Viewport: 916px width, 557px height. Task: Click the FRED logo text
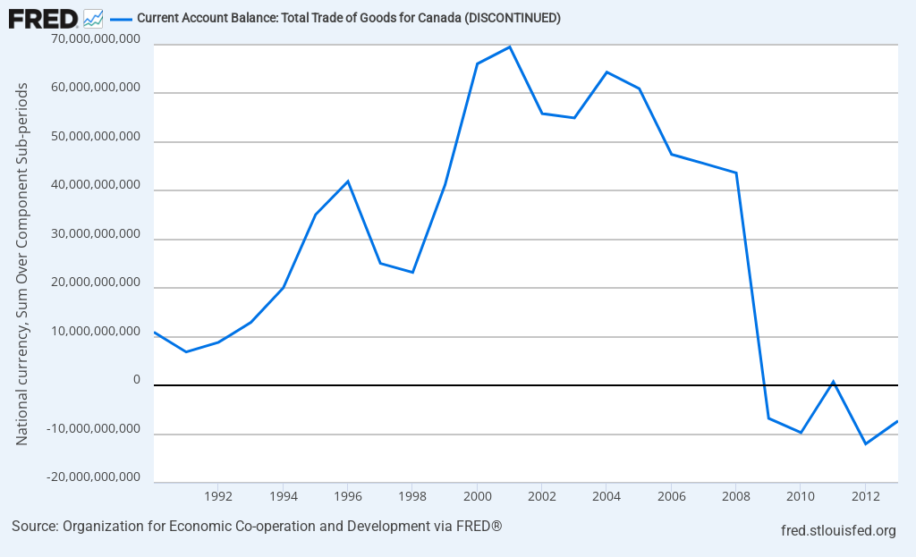pyautogui.click(x=43, y=18)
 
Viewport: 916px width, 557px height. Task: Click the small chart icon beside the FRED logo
pyautogui.click(x=93, y=18)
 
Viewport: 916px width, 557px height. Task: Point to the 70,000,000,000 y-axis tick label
pyautogui.click(x=97, y=39)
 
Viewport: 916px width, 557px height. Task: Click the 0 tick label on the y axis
pyautogui.click(x=136, y=380)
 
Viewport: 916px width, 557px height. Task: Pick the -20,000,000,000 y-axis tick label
pyautogui.click(x=95, y=477)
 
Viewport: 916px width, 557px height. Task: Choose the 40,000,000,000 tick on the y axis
pyautogui.click(x=97, y=185)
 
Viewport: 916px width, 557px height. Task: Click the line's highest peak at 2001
pyautogui.click(x=510, y=46)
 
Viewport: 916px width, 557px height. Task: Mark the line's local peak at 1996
pyautogui.click(x=348, y=181)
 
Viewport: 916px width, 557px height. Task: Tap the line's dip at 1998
pyautogui.click(x=412, y=272)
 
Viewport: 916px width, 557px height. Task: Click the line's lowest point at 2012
pyautogui.click(x=865, y=443)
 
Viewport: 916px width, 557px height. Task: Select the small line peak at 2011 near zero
pyautogui.click(x=833, y=382)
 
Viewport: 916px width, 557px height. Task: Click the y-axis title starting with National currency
pyautogui.click(x=22, y=264)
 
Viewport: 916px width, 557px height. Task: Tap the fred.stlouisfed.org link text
pyautogui.click(x=838, y=531)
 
